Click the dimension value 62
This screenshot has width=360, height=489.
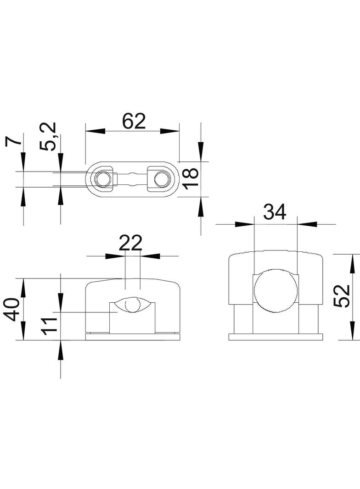click(134, 121)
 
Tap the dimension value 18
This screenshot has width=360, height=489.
click(191, 177)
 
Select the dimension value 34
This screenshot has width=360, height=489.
click(275, 212)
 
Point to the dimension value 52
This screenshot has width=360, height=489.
click(342, 295)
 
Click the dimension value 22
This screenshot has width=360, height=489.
click(130, 243)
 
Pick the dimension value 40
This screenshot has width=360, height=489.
click(13, 310)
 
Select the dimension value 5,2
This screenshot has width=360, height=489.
click(48, 137)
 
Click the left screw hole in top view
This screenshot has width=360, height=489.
click(102, 179)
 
